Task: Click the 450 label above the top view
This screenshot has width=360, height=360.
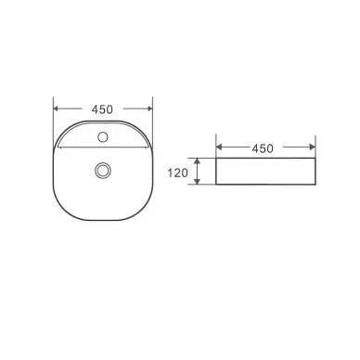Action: click(102, 109)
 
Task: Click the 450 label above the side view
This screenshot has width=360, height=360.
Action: click(263, 148)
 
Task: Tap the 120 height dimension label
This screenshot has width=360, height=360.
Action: click(177, 173)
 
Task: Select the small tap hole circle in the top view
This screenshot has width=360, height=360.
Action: click(103, 136)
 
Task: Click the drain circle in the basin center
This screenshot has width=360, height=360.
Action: click(103, 170)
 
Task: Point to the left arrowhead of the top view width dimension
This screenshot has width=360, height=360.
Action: click(57, 109)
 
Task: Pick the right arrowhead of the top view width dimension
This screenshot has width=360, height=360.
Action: click(149, 109)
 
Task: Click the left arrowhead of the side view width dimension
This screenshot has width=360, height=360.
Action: click(219, 147)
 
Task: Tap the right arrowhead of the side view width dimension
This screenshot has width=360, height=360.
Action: click(312, 147)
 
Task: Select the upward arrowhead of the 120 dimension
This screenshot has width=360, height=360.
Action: click(197, 161)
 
